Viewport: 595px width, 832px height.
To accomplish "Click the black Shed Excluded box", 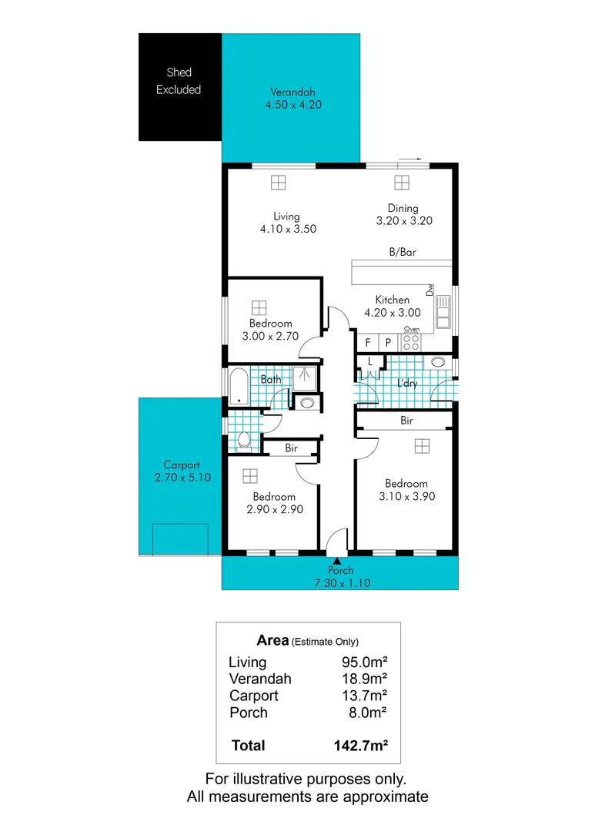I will [x=179, y=86].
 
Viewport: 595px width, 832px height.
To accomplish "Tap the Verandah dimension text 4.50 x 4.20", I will [x=290, y=104].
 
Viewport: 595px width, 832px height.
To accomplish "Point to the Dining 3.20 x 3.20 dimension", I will [x=403, y=220].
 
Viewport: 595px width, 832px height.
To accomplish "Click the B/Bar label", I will [x=403, y=252].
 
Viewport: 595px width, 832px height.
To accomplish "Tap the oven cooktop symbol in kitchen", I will [x=412, y=342].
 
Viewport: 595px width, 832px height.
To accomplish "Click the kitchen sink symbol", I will [x=443, y=313].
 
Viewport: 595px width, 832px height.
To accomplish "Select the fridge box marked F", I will [x=369, y=342].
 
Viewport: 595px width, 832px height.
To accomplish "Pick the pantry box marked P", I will [x=389, y=342].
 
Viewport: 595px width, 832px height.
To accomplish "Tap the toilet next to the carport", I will [x=244, y=439].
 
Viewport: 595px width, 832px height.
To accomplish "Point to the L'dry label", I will [x=406, y=383].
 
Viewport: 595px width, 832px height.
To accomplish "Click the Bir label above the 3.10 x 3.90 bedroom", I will [x=406, y=421].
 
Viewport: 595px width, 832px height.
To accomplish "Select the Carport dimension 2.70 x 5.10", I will [x=182, y=478].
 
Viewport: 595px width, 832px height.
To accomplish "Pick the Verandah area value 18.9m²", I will [x=364, y=679].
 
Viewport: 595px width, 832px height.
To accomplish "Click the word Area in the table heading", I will [x=272, y=640].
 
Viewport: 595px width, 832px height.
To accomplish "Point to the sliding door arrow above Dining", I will [x=413, y=159].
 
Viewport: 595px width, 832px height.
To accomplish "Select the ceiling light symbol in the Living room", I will [x=278, y=182].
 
